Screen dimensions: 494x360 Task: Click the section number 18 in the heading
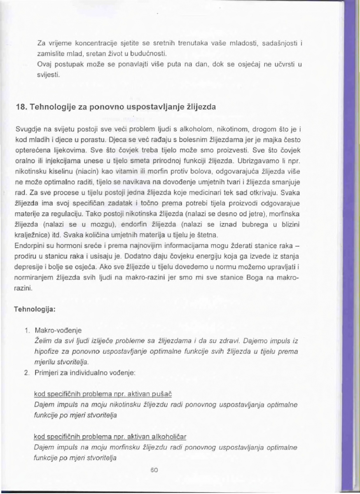point(20,107)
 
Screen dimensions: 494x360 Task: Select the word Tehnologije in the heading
point(52,107)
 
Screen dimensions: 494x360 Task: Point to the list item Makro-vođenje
point(54,330)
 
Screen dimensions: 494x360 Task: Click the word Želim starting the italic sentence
point(43,340)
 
